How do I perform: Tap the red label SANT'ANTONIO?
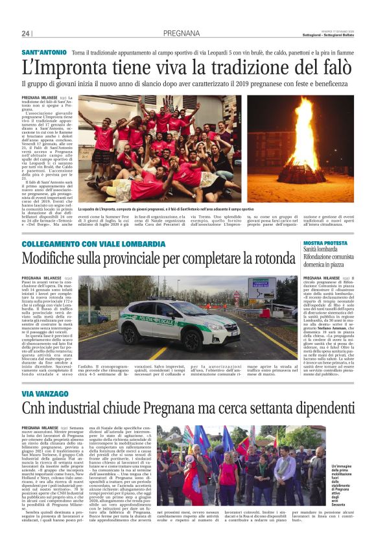(x=45, y=51)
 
